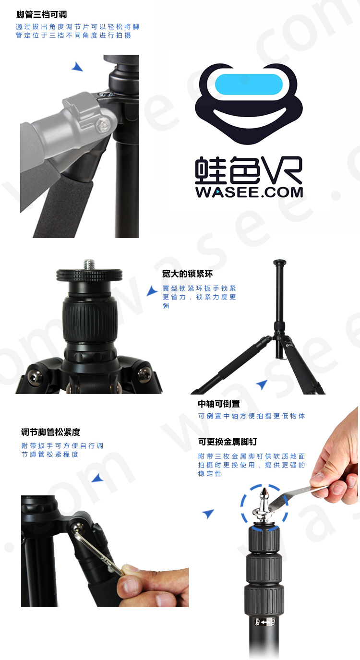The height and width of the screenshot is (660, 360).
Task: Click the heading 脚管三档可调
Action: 41,15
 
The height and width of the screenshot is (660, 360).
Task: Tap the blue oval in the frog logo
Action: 248,84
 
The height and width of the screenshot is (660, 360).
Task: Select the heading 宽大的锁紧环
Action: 187,274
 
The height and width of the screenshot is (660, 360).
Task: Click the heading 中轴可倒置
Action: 219,404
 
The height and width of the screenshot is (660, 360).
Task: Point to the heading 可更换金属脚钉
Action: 228,442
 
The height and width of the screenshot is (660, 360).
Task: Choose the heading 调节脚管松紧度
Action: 50,432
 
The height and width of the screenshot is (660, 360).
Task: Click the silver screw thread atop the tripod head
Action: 89,264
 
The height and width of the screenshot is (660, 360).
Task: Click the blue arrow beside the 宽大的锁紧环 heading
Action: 152,290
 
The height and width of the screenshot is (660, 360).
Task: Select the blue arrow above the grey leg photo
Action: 77,67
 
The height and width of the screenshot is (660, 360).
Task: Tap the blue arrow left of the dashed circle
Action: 208,514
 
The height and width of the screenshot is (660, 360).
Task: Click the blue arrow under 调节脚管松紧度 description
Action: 97,478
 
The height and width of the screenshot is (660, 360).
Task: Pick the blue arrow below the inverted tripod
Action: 262,384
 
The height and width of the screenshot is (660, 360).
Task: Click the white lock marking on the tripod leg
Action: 264,622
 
